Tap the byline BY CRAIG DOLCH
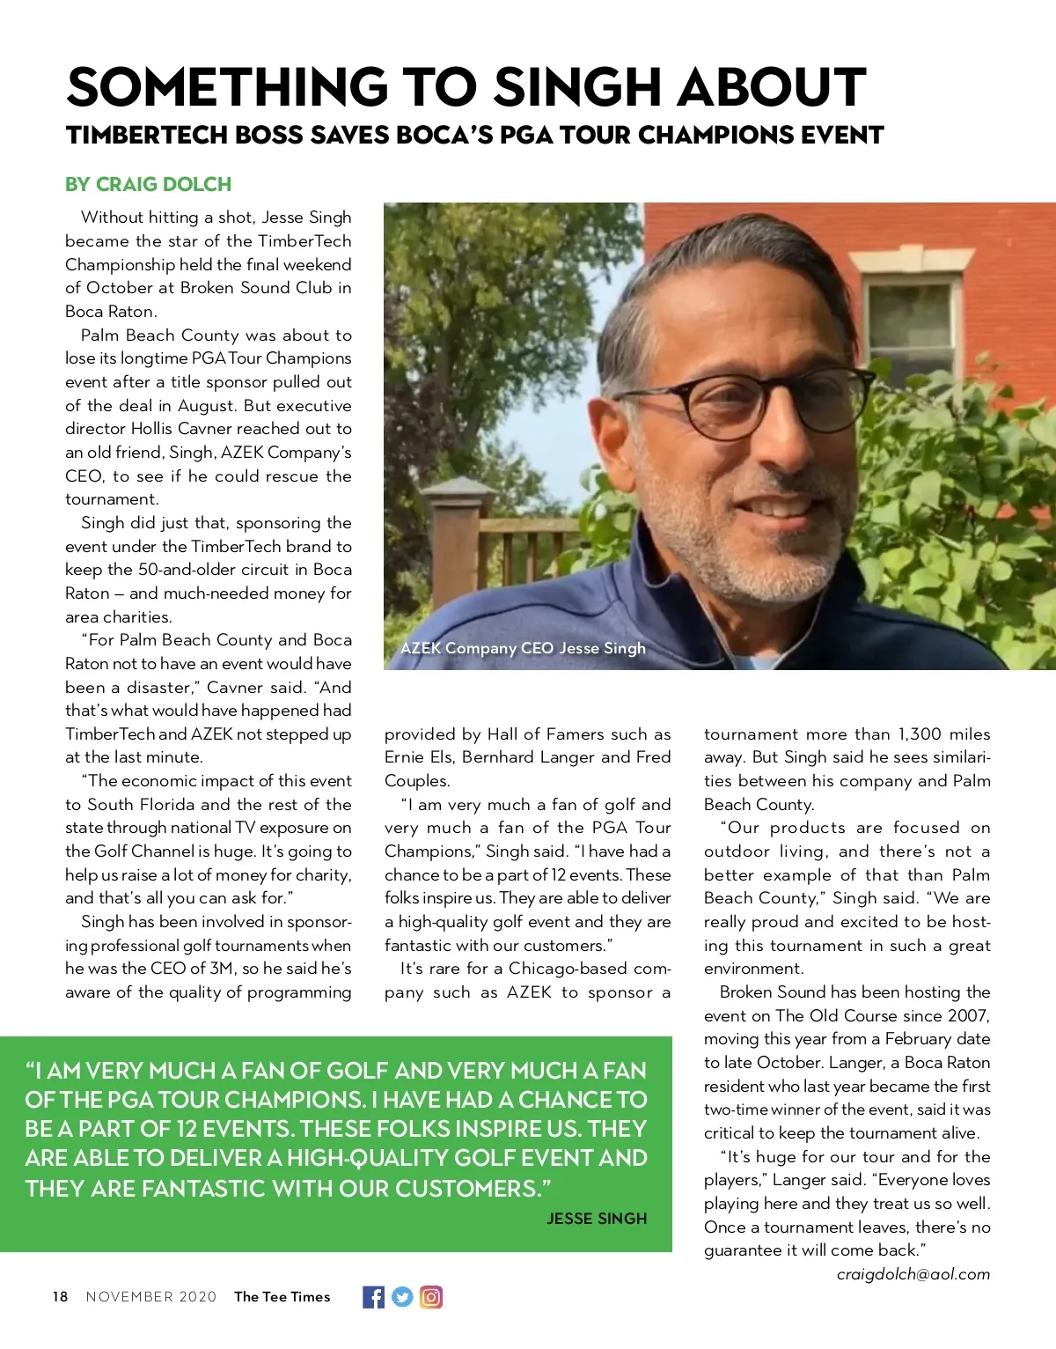click(148, 185)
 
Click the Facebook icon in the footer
click(373, 1297)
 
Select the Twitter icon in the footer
click(402, 1297)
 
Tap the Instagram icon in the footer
click(431, 1297)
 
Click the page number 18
click(60, 1297)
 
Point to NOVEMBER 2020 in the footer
click(150, 1297)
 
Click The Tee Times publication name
click(282, 1297)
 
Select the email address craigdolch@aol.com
click(913, 1274)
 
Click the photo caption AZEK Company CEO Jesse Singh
click(523, 648)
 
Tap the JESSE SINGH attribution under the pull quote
click(597, 1219)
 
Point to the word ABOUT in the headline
click(771, 88)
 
